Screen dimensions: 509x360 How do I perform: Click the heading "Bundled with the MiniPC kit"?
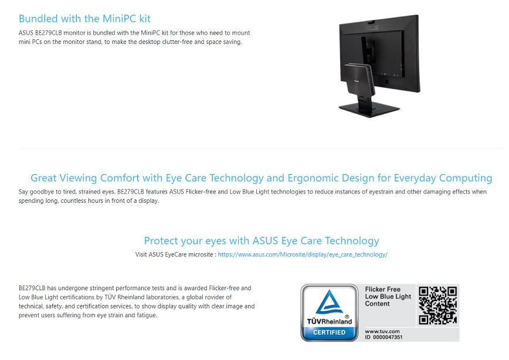point(84,19)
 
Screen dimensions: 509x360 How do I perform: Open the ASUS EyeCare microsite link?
point(303,254)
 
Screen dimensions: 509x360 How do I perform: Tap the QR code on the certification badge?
point(437,305)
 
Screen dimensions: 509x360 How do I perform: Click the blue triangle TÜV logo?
point(329,302)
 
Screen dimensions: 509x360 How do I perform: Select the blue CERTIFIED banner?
point(329,332)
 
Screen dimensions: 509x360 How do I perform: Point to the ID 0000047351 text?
point(384,337)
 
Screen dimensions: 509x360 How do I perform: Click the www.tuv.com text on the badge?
point(382,331)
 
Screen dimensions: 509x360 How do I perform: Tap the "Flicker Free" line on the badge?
point(383,289)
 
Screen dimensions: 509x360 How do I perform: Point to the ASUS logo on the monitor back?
point(371,29)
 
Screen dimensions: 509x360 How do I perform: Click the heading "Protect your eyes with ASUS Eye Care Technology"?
point(262,241)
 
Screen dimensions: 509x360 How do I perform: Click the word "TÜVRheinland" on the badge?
point(330,321)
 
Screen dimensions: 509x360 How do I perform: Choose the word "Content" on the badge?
point(377,304)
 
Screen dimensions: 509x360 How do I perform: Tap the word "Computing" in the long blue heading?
point(466,178)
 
